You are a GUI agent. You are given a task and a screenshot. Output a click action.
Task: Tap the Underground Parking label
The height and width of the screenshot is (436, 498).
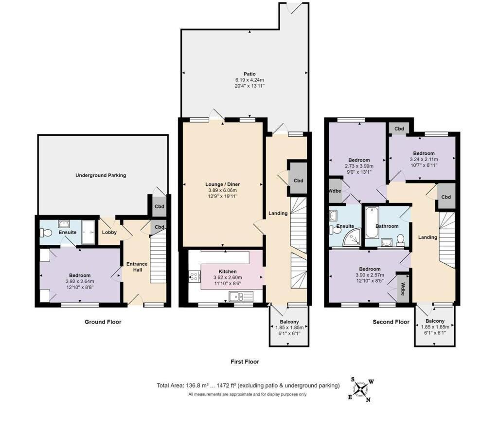click(x=101, y=175)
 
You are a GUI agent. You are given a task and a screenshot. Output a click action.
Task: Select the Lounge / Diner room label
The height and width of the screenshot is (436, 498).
click(x=223, y=184)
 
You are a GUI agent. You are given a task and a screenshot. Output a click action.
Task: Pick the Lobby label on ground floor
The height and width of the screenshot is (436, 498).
click(x=109, y=233)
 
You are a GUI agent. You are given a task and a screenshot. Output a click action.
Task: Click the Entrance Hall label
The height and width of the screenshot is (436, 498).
click(x=137, y=267)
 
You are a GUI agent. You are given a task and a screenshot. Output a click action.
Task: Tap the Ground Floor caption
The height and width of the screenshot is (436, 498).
click(x=103, y=322)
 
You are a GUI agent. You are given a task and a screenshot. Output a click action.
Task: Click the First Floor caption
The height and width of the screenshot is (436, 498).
click(x=245, y=362)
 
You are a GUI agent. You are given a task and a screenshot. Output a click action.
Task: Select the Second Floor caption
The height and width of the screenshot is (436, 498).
click(x=391, y=322)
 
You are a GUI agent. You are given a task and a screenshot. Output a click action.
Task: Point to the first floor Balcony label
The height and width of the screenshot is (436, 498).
click(x=289, y=322)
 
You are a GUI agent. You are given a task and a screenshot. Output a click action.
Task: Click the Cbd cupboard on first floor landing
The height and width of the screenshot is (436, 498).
click(x=298, y=181)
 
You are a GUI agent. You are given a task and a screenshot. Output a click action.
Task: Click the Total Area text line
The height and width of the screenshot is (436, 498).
click(x=248, y=385)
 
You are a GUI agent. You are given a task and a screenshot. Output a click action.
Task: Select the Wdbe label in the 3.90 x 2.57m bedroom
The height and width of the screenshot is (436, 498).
click(x=403, y=289)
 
